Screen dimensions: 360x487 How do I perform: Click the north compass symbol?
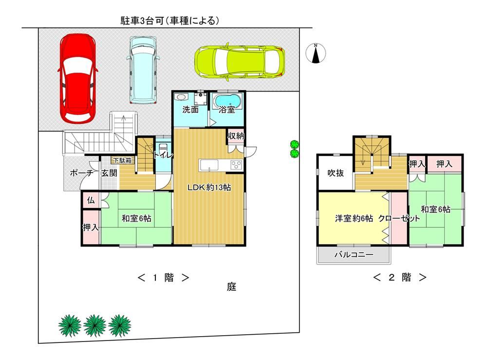pos(316,53)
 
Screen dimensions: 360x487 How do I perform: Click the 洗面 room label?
pos(190,110)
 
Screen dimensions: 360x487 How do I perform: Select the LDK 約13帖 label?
pos(210,188)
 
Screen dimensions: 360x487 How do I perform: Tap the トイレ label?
pos(162,156)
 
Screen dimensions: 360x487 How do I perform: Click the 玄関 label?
pos(109,173)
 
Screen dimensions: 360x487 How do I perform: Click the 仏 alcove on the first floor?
pos(91,199)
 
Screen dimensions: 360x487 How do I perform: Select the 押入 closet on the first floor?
pos(91,227)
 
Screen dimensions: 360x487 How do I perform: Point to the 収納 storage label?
pos(236,135)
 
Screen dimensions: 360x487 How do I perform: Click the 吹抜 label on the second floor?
pos(335,172)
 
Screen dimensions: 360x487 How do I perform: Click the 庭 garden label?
pos(231,287)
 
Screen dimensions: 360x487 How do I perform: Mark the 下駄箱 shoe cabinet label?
pos(122,160)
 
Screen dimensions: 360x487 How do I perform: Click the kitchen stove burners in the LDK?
pos(236,165)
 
